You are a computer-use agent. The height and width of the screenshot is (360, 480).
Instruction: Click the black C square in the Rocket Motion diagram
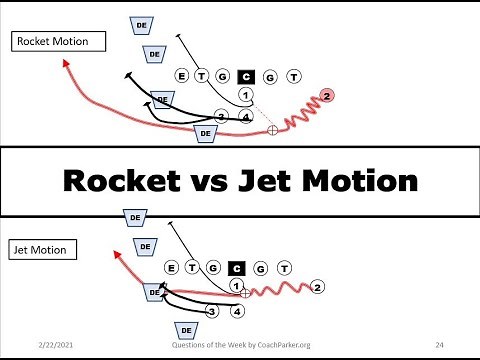246,75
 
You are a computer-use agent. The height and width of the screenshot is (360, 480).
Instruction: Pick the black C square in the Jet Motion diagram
237,267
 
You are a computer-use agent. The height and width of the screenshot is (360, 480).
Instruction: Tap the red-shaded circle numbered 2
327,96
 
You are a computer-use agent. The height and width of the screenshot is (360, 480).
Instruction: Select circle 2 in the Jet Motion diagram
316,288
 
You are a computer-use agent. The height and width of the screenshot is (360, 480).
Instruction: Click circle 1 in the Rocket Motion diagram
246,95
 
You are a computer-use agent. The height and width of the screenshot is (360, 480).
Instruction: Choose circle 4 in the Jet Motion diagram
237,311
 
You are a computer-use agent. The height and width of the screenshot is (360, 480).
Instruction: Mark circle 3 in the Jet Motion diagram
212,311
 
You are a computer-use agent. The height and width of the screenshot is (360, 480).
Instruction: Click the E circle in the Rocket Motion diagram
181,75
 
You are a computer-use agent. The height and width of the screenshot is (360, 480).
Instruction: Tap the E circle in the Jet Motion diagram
171,267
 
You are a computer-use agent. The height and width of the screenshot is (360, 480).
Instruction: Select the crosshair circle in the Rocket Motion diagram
273,130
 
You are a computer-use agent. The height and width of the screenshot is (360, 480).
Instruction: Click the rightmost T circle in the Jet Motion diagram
285,267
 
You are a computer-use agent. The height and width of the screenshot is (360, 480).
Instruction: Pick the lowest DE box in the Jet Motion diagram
185,329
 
